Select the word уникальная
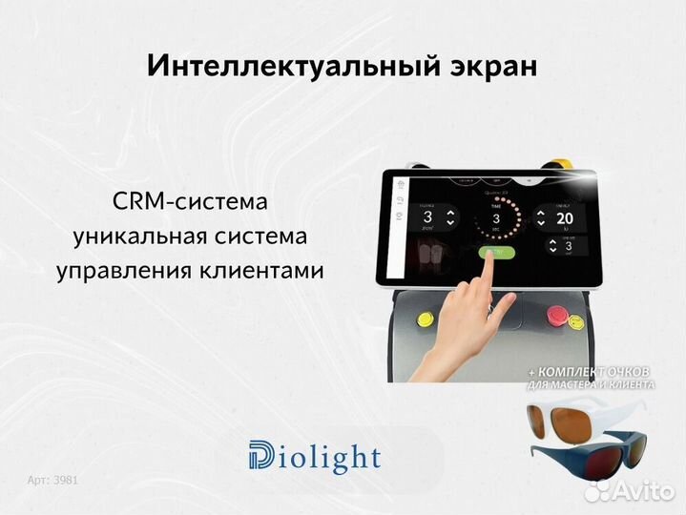(132, 236)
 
